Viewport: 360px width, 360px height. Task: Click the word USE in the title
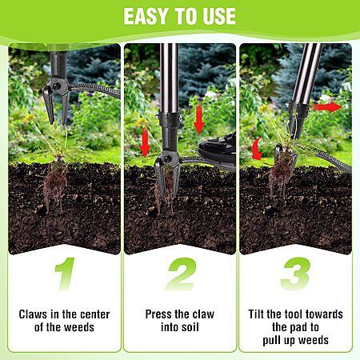(x=219, y=16)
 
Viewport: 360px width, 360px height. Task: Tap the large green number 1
(x=65, y=274)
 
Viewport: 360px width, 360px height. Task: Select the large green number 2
(x=181, y=274)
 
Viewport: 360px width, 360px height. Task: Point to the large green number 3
(x=296, y=274)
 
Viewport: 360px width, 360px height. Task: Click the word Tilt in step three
(x=256, y=314)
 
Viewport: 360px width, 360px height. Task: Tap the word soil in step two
(x=190, y=327)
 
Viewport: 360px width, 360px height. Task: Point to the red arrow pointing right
(x=327, y=107)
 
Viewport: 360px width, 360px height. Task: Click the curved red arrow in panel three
(x=257, y=149)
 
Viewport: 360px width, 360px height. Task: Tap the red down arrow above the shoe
(x=199, y=119)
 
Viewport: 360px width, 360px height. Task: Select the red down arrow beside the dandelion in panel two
(x=145, y=142)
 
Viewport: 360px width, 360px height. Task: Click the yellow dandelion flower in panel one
(x=30, y=118)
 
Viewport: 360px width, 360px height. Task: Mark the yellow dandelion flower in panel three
(x=264, y=108)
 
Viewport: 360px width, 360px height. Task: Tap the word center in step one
(x=95, y=314)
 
